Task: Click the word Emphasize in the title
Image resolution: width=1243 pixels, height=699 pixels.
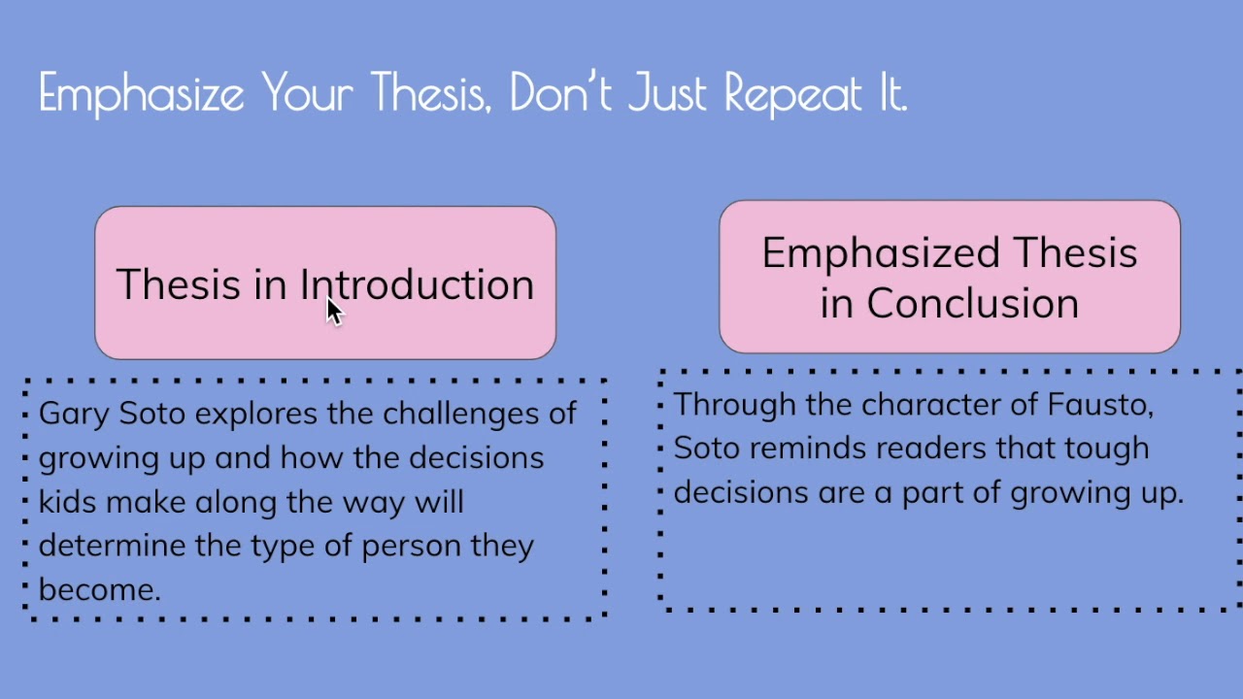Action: click(x=143, y=94)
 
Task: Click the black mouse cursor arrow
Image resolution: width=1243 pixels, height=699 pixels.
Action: click(x=334, y=311)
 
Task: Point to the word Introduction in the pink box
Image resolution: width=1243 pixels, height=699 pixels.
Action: click(x=417, y=284)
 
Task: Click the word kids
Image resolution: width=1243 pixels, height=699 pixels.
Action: click(x=67, y=502)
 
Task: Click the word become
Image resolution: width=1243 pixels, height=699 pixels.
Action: click(x=97, y=589)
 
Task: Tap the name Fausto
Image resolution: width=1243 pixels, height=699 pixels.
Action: click(x=1099, y=405)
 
